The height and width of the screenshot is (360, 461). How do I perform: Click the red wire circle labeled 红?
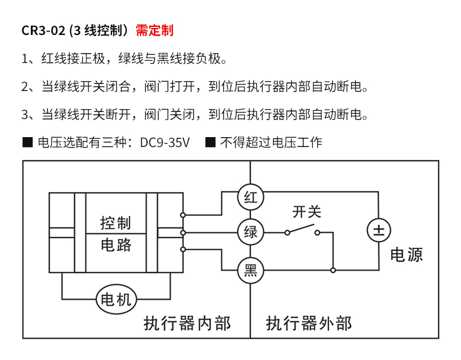(x=250, y=197)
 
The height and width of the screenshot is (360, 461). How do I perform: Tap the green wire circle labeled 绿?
(x=250, y=232)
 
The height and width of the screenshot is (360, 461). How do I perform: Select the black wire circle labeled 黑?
(x=250, y=270)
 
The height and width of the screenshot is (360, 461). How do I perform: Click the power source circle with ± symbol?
(x=379, y=230)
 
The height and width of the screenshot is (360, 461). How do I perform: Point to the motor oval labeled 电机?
(x=116, y=300)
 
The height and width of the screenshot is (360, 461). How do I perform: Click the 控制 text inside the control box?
(x=116, y=223)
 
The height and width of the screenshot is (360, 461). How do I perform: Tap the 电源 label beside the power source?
(x=406, y=254)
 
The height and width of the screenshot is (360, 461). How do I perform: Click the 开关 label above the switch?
(x=306, y=211)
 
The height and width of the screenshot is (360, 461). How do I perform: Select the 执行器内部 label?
(x=187, y=323)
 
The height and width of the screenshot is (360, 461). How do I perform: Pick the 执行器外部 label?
(x=309, y=323)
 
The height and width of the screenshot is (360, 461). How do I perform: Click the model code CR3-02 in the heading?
(x=43, y=30)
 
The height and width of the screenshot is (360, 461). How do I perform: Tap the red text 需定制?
(x=155, y=30)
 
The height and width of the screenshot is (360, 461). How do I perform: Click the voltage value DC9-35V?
(x=165, y=142)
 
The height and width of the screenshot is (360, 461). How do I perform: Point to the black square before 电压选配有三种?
(x=27, y=142)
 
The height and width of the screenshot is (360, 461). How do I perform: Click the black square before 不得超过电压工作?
(x=211, y=142)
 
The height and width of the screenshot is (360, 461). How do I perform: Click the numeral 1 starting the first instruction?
(x=25, y=59)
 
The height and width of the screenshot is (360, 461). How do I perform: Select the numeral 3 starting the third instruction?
(x=25, y=114)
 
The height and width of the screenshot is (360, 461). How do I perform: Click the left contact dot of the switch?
(x=287, y=232)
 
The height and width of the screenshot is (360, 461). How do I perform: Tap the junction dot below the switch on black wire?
(x=333, y=270)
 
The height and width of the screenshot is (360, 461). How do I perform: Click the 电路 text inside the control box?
(x=116, y=244)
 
